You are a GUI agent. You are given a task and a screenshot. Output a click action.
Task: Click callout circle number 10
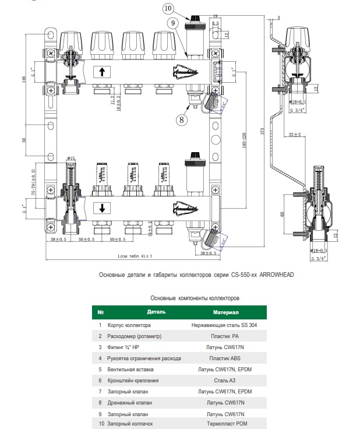coord(168,9)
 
